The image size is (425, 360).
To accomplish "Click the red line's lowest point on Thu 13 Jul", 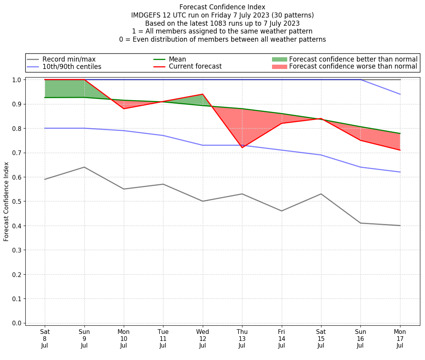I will click(242, 148).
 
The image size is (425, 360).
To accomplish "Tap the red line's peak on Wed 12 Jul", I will click(203, 94).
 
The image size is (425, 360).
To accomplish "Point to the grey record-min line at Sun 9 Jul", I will click(84, 167).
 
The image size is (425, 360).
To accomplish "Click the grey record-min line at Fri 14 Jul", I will click(282, 211).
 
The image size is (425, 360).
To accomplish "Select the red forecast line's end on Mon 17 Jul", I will click(400, 150).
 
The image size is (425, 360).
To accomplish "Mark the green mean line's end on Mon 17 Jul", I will click(400, 133).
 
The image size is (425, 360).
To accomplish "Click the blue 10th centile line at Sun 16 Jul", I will click(361, 167).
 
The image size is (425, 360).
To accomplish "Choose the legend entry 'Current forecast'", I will click(195, 67).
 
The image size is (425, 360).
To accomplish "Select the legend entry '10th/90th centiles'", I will click(72, 67).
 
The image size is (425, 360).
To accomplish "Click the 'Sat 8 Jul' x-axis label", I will click(45, 338).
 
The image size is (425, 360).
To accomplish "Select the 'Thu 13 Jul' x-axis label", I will click(242, 338).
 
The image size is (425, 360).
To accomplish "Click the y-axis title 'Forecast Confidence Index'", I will click(6, 201).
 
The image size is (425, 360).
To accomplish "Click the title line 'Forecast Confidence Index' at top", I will click(222, 7).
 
